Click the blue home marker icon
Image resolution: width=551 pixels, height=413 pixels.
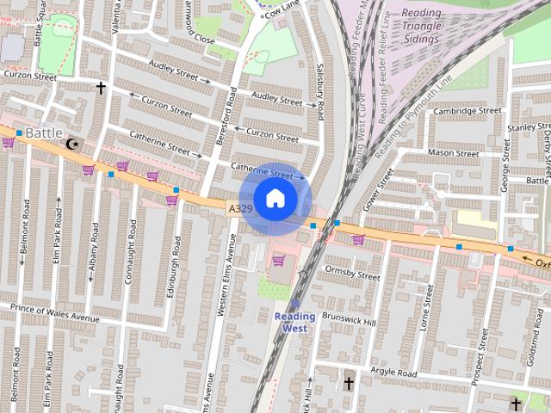(x=275, y=199)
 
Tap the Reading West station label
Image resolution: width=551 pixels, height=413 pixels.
(x=294, y=322)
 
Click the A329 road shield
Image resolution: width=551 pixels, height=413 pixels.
(x=240, y=209)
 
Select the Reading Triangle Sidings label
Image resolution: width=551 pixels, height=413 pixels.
(x=421, y=25)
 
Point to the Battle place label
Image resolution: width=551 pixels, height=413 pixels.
(x=43, y=133)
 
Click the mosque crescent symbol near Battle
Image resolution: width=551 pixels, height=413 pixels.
(x=71, y=145)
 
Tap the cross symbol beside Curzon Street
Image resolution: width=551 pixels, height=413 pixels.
(x=101, y=88)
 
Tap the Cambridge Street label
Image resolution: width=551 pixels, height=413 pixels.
(x=467, y=111)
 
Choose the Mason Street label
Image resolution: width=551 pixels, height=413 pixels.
(x=453, y=153)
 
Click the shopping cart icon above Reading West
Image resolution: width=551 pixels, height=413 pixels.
(x=278, y=261)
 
